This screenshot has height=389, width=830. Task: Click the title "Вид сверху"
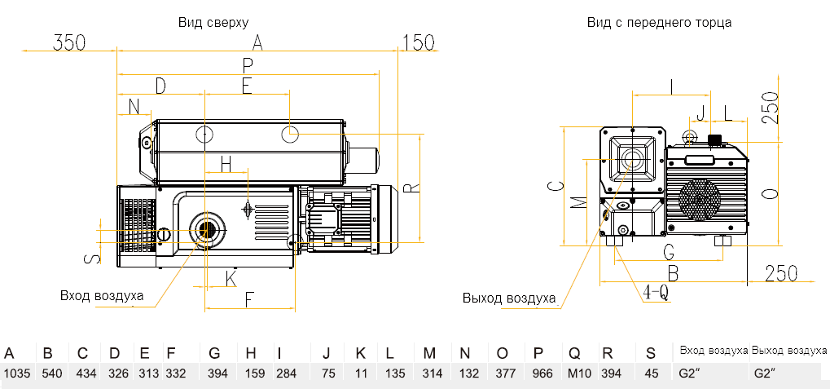213,22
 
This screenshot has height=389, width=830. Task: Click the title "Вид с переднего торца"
659,22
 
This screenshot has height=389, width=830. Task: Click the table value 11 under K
360,374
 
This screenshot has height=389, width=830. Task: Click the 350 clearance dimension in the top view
69,43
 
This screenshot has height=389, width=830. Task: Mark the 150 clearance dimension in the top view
419,43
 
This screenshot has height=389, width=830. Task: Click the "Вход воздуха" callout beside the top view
102,295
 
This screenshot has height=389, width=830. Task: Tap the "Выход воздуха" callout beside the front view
508,298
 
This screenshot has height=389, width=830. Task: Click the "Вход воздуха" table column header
714,351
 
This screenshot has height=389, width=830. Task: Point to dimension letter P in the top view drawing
248,64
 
